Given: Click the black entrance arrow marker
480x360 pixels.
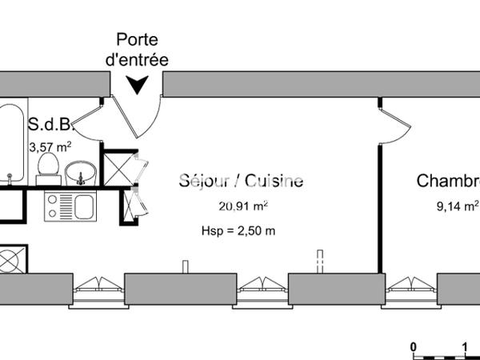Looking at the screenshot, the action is (137, 84).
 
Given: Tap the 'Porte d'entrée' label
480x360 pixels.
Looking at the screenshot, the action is (137, 50).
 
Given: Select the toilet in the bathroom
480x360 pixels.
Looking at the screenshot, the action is (48, 169).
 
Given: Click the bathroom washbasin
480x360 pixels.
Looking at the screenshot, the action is (81, 174).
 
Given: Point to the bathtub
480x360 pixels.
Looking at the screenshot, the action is (12, 143).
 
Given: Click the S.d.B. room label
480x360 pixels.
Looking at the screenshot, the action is (50, 124).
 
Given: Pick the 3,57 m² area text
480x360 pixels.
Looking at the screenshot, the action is (50, 147).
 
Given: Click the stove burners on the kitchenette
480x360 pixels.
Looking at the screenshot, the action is (53, 206).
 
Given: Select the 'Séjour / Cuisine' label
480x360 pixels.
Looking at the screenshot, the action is (242, 181).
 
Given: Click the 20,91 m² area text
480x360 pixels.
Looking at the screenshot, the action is (243, 206).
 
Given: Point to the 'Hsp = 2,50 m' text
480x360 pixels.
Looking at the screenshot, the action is (238, 230).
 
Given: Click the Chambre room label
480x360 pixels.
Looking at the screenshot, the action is (448, 181).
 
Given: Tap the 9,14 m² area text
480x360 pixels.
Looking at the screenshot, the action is (458, 206).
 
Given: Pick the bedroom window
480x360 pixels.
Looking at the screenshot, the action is (411, 289).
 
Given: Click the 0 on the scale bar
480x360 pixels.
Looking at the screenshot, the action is (414, 347).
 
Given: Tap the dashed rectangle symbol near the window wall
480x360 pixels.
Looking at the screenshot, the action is (320, 262).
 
